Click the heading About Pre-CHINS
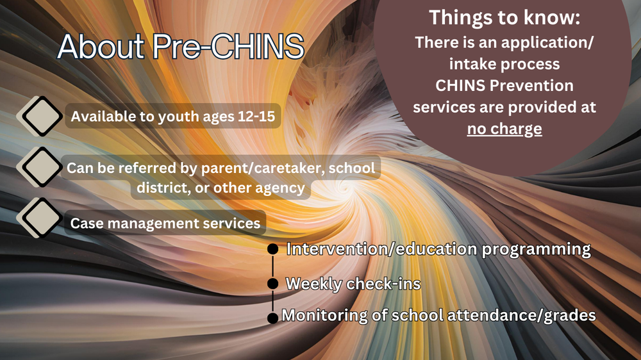click(180, 46)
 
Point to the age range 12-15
click(254, 117)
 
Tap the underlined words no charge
click(504, 129)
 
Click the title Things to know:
click(504, 17)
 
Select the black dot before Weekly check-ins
click(272, 283)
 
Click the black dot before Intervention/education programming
click(272, 249)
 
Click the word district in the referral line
click(160, 188)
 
